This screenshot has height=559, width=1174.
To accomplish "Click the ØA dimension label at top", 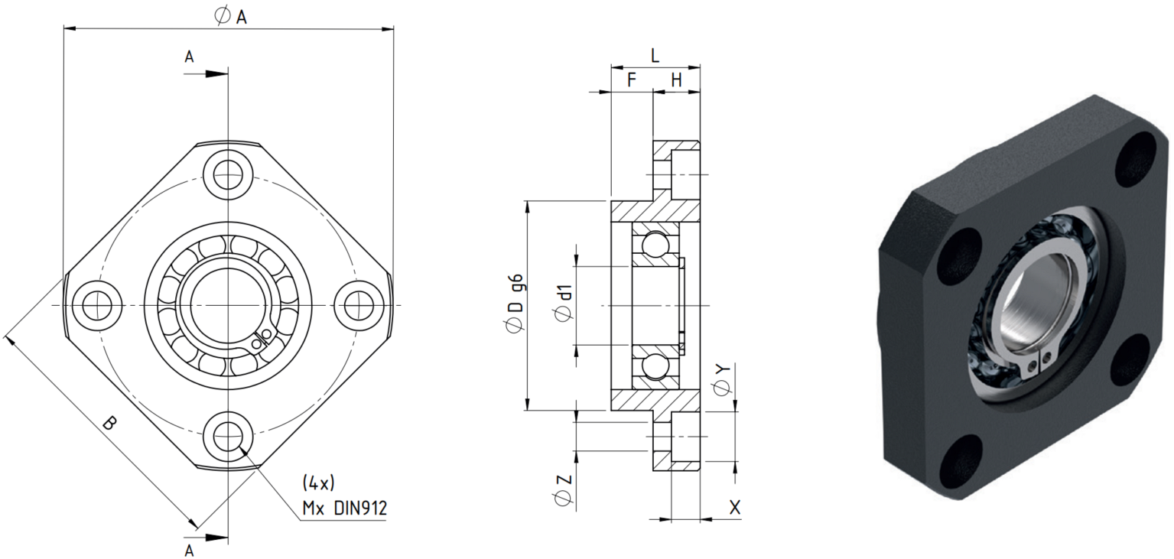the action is pyautogui.click(x=231, y=17).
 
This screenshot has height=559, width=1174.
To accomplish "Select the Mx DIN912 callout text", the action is pyautogui.click(x=344, y=508).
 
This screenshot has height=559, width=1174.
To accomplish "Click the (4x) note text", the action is pyautogui.click(x=318, y=483).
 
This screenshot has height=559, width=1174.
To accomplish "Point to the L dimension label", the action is pyautogui.click(x=655, y=55).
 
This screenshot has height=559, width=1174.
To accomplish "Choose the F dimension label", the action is pyautogui.click(x=632, y=80).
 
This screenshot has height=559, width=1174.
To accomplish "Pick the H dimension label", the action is pyautogui.click(x=677, y=80).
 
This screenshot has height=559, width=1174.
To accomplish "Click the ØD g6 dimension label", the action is pyautogui.click(x=514, y=303).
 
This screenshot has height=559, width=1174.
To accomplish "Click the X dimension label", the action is pyautogui.click(x=735, y=507).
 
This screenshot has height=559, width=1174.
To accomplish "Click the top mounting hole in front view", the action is pyautogui.click(x=228, y=174).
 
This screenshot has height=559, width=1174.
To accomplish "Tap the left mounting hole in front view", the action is pyautogui.click(x=97, y=305).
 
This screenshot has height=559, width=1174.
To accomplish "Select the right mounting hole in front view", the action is pyautogui.click(x=359, y=305).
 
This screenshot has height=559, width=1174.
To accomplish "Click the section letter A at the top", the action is pyautogui.click(x=189, y=57).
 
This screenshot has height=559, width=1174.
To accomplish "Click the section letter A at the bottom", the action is pyautogui.click(x=189, y=551).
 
